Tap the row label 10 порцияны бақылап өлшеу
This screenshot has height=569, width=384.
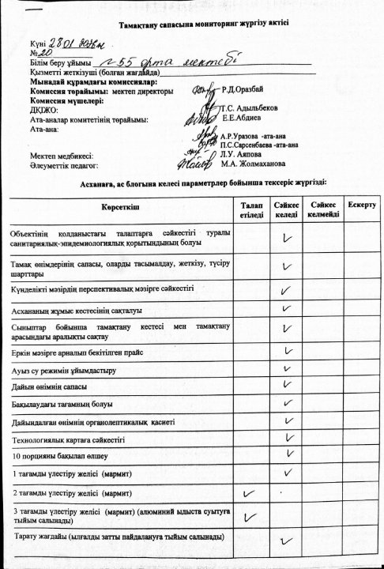click(58, 456)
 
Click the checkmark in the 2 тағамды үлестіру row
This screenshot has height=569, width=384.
click(250, 493)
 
